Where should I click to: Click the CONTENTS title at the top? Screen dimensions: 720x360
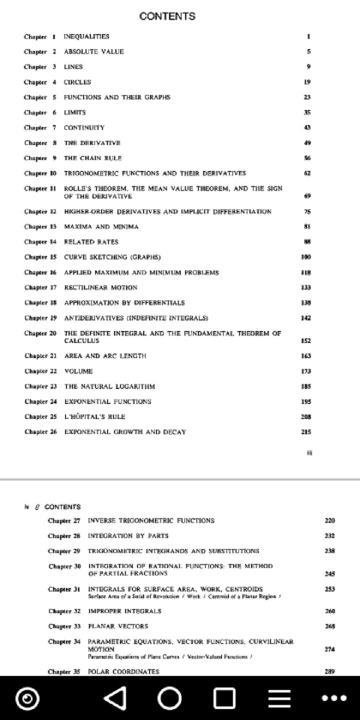pyautogui.click(x=167, y=16)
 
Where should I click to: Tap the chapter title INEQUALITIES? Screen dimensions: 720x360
pyautogui.click(x=86, y=36)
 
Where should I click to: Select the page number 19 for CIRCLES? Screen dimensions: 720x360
pyautogui.click(x=307, y=82)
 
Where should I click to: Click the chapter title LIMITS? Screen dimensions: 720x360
pyautogui.click(x=74, y=112)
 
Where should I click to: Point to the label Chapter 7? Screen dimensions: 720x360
pyautogui.click(x=40, y=127)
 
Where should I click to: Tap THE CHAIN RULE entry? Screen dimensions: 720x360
pyautogui.click(x=92, y=158)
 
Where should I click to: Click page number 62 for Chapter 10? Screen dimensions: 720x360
pyautogui.click(x=307, y=173)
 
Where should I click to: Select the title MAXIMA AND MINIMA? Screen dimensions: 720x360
pyautogui.click(x=101, y=226)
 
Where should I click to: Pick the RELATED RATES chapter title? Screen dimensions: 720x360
pyautogui.click(x=91, y=242)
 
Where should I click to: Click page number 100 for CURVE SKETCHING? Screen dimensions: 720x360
pyautogui.click(x=306, y=257)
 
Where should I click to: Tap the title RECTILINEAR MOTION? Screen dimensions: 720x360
pyautogui.click(x=100, y=287)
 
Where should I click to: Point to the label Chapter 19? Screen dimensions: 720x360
pyautogui.click(x=40, y=318)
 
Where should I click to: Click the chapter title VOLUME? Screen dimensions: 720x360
pyautogui.click(x=78, y=371)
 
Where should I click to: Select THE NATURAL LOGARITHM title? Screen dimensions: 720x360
pyautogui.click(x=109, y=386)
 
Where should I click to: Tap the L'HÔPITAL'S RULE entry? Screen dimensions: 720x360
pyautogui.click(x=94, y=416)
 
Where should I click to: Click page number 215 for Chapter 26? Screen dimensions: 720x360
pyautogui.click(x=306, y=432)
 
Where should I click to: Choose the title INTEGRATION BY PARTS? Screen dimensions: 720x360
pyautogui.click(x=128, y=536)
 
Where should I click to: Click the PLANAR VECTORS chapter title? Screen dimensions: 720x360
pyautogui.click(x=118, y=626)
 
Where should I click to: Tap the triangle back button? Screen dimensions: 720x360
pyautogui.click(x=116, y=698)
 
